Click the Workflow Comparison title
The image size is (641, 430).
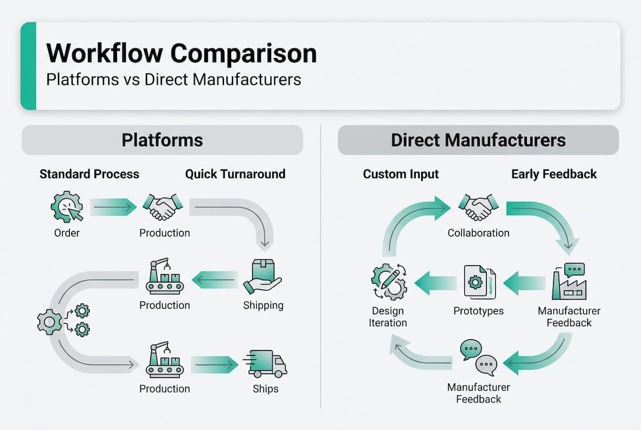pyautogui.click(x=181, y=53)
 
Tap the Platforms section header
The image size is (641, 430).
pyautogui.click(x=162, y=140)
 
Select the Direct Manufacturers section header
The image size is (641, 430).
pyautogui.click(x=478, y=140)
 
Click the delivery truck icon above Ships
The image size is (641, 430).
pyautogui.click(x=265, y=364)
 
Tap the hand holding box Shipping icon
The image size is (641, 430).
pyautogui.click(x=263, y=277)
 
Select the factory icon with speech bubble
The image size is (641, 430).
pyautogui.click(x=569, y=281)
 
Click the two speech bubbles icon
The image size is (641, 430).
pyautogui.click(x=479, y=357)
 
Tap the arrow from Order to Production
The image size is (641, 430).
pyautogui.click(x=114, y=207)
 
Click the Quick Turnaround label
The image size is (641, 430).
pyautogui.click(x=235, y=174)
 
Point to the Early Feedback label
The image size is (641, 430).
pyautogui.click(x=553, y=174)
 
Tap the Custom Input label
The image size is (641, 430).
pyautogui.click(x=401, y=174)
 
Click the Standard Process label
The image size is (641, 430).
pyautogui.click(x=89, y=174)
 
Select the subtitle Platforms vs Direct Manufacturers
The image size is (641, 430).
pyautogui.click(x=173, y=79)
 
